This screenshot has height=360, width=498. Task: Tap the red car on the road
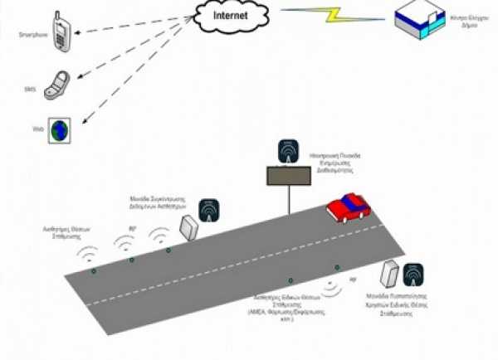click(x=348, y=207)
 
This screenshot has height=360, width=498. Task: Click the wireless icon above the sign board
click(x=287, y=152)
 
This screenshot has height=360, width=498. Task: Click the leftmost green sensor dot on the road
click(x=94, y=270)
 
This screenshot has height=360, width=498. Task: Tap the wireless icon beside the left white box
click(x=209, y=208)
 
